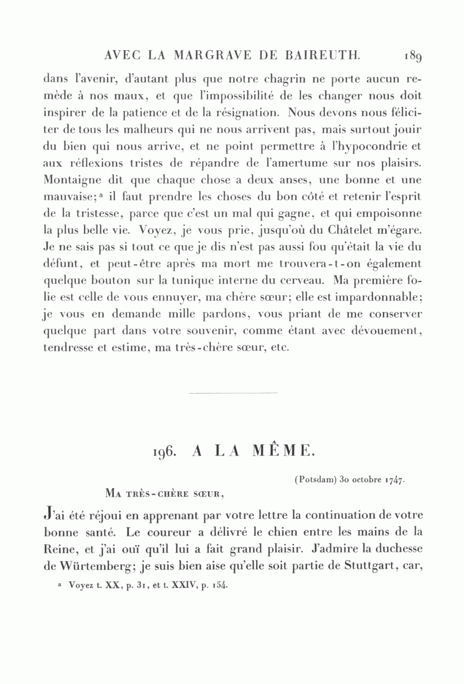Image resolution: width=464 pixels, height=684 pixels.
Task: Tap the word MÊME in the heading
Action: (x=283, y=451)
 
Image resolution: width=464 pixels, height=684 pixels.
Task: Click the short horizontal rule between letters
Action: (x=233, y=393)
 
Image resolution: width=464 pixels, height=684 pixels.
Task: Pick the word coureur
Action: (x=170, y=533)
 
